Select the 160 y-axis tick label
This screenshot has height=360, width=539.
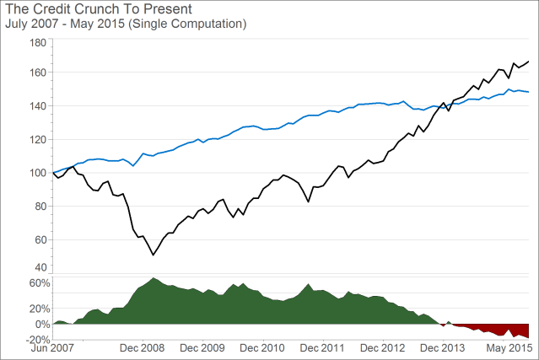coord(38,73)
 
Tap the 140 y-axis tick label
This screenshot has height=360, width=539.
coord(38,106)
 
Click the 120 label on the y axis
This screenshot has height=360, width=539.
coord(38,140)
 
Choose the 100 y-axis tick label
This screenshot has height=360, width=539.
coord(38,173)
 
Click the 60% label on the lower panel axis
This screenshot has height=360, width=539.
coord(40,284)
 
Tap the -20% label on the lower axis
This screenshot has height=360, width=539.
coord(37,338)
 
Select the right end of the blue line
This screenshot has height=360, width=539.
coord(529,92)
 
